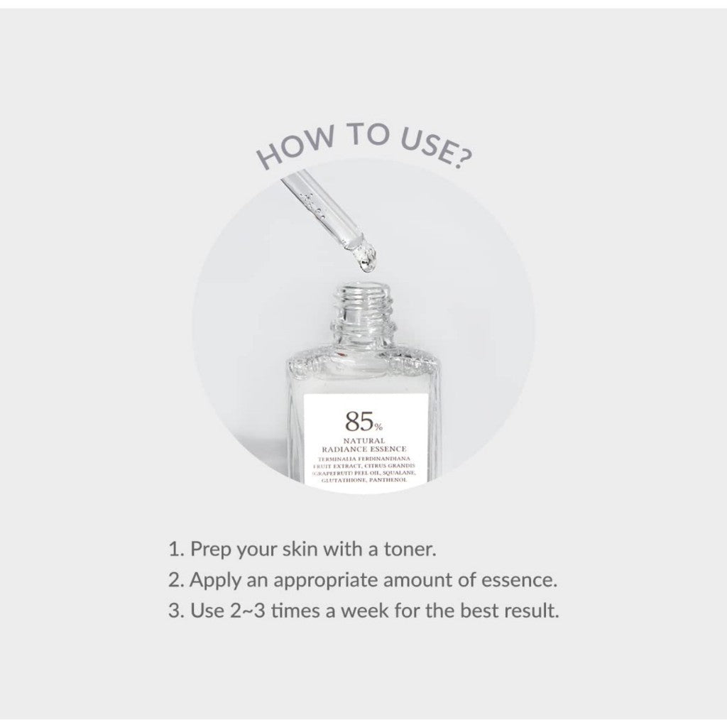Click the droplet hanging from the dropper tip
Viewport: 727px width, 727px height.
[367, 265]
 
